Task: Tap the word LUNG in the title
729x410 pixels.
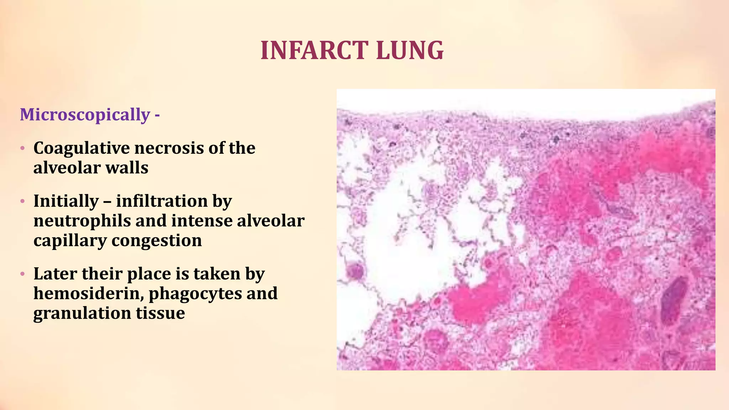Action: (410, 50)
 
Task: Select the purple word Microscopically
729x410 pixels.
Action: (85, 115)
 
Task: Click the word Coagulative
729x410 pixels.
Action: (81, 148)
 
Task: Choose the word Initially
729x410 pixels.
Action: (66, 201)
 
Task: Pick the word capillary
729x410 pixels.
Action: (70, 241)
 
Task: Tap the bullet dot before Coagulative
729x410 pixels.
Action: (22, 148)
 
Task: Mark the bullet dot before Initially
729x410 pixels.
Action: (22, 201)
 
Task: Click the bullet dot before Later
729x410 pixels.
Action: (22, 274)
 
